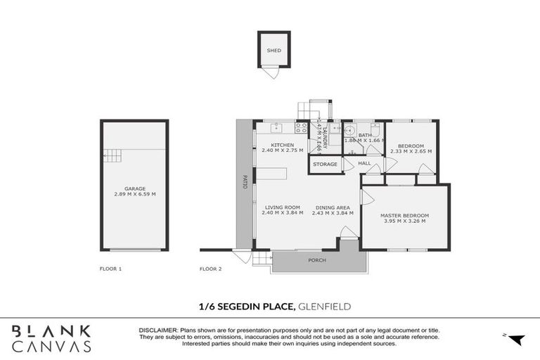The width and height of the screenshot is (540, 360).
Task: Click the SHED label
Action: tap(274, 51)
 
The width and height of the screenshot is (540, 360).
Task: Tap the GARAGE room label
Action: tap(134, 188)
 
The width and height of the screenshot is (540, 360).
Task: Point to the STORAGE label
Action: tap(325, 164)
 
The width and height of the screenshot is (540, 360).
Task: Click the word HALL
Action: tap(364, 163)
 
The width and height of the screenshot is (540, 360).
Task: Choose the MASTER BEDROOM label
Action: tap(404, 215)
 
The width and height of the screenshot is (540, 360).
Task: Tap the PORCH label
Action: tap(317, 260)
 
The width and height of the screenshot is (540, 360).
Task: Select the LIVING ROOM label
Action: tap(283, 207)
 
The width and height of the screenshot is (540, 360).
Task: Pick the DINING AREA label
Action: tap(333, 207)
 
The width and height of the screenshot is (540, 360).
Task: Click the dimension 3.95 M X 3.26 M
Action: tap(404, 221)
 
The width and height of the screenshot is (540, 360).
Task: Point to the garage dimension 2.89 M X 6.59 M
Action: tap(134, 194)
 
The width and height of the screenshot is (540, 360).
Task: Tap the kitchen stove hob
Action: tap(300, 128)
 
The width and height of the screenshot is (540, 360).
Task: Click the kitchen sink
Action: tap(277, 128)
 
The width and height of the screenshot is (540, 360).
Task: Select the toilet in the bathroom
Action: tap(375, 130)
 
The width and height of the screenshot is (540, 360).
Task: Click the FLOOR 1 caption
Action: tap(110, 269)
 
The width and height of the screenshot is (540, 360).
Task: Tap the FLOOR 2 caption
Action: tap(210, 269)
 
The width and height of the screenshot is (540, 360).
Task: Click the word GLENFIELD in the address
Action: tap(325, 306)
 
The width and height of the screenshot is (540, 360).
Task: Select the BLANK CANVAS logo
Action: tap(51, 338)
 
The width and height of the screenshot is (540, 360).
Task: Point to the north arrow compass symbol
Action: tap(517, 340)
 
